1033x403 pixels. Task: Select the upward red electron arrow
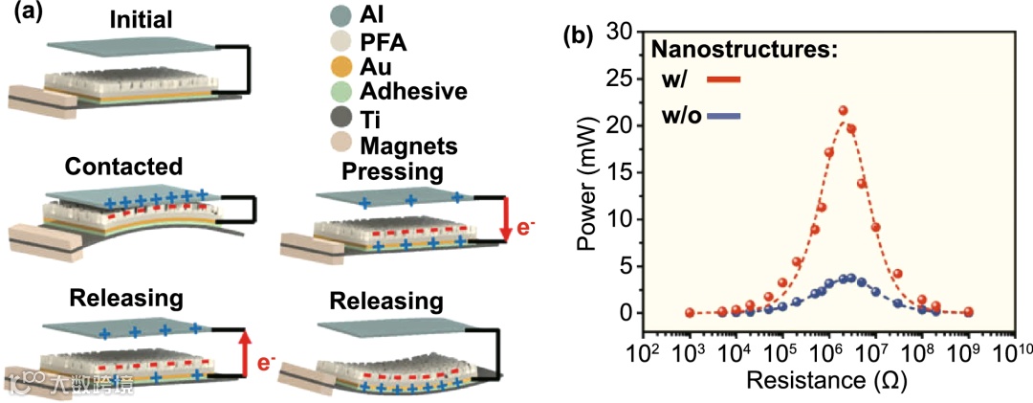tap(245, 348)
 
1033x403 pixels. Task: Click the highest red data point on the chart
tap(843, 111)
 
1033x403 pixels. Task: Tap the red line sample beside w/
tap(723, 79)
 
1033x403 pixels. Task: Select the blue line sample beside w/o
tap(725, 117)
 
